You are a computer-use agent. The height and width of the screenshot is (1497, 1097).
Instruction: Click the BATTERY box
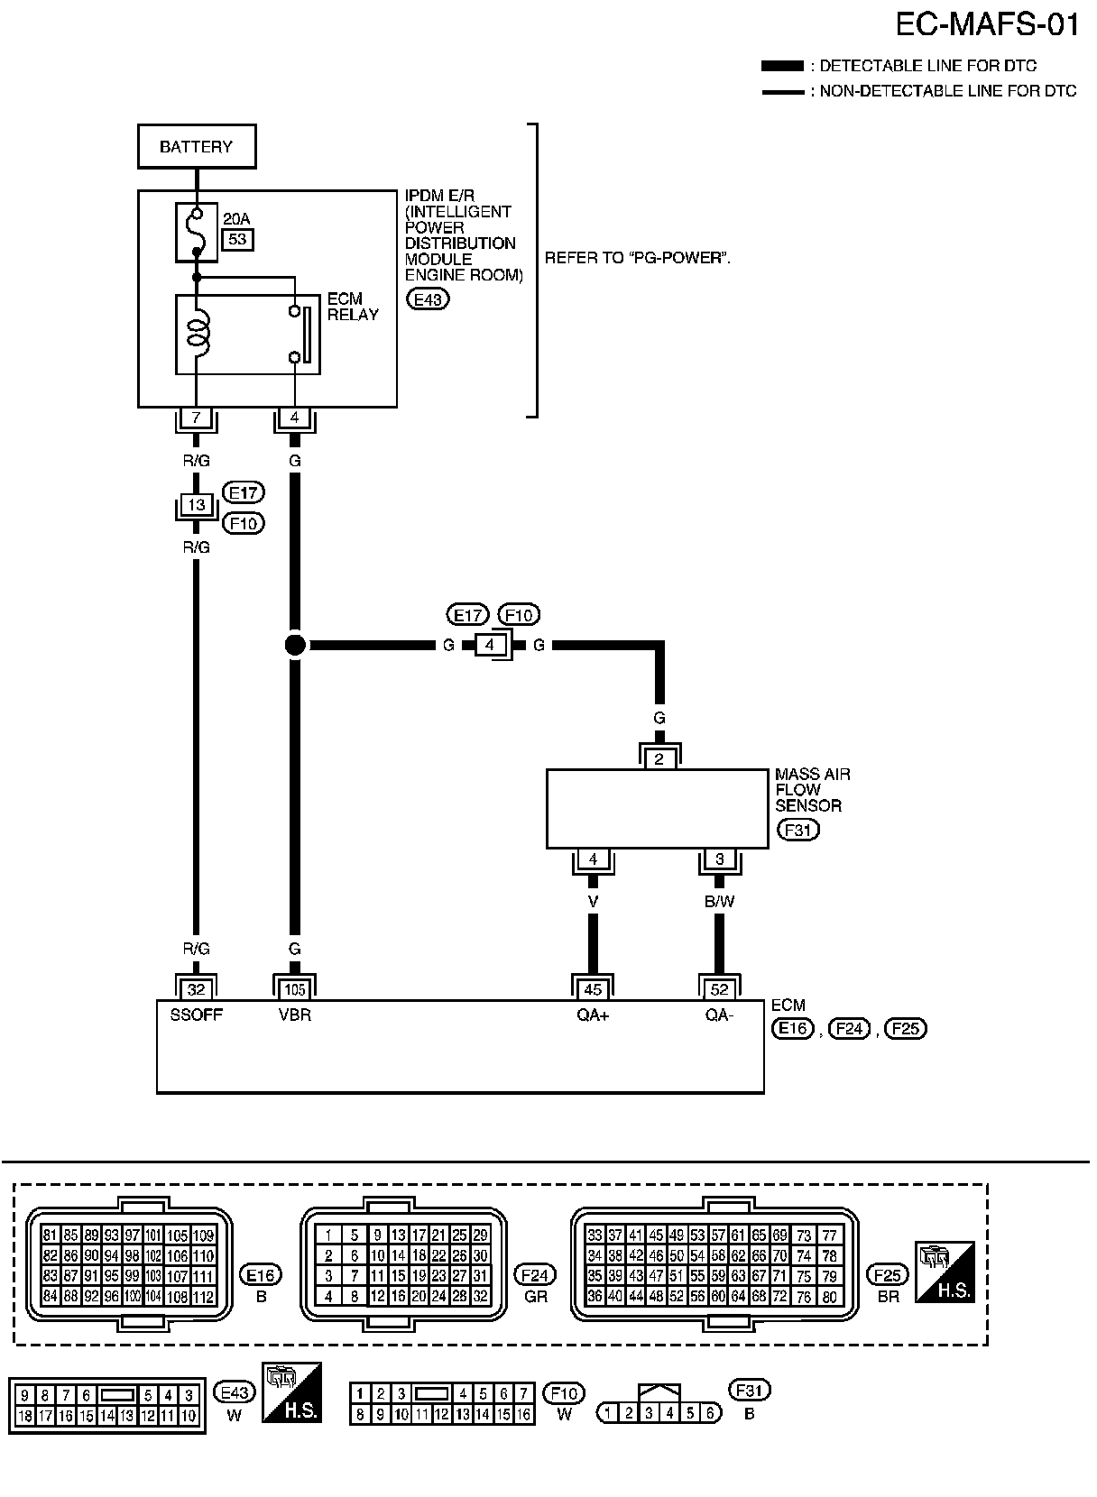pos(197,146)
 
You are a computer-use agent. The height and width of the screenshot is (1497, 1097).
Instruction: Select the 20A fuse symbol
pos(197,232)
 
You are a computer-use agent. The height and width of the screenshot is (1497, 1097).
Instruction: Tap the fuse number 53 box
pos(237,239)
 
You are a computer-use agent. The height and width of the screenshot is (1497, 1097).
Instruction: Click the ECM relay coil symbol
pos(198,332)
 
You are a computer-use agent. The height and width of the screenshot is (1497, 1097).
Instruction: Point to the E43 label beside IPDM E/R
pos(428,299)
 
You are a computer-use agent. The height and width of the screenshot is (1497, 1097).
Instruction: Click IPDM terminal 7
pos(196,418)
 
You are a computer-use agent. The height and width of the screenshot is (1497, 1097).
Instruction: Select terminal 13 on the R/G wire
pos(196,505)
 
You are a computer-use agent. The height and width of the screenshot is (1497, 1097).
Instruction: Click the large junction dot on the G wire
pos(295,645)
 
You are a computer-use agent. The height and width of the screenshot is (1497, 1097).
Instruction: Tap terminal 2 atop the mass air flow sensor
pos(659,758)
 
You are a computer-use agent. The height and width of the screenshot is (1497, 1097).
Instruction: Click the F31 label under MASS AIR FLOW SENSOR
pos(797,830)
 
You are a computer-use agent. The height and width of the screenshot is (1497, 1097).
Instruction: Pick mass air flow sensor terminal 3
pos(719,859)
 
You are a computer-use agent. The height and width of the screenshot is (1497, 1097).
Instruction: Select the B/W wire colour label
pos(719,902)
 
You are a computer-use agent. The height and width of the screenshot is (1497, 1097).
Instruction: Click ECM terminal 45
pos(593,989)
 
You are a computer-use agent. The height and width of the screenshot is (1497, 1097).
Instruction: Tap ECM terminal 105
pos(294,989)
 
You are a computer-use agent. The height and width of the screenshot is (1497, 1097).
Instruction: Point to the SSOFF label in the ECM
pos(196,1015)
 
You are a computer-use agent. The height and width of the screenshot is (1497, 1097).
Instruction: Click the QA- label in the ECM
pos(719,1015)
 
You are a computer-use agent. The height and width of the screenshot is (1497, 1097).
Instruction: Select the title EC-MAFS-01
pos(987,25)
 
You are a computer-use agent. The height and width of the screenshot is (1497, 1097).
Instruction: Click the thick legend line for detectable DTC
pos(782,66)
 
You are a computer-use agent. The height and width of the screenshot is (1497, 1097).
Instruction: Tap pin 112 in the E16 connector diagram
pos(203,1297)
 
